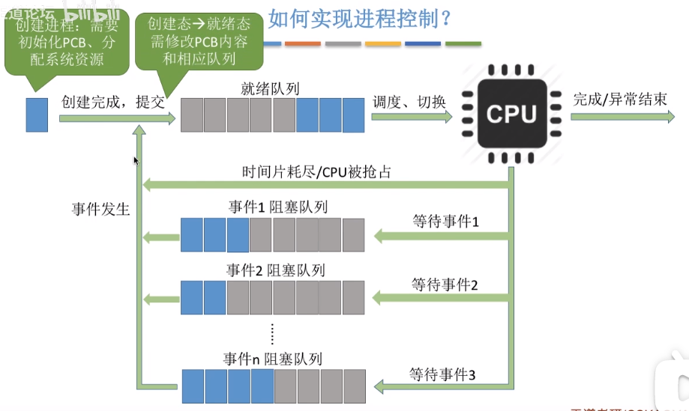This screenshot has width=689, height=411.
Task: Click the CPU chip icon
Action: pyautogui.click(x=511, y=114)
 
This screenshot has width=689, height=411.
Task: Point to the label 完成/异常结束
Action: pyautogui.click(x=619, y=100)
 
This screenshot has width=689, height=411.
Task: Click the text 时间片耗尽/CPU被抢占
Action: pyautogui.click(x=316, y=171)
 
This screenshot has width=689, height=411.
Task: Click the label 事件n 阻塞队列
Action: pyautogui.click(x=273, y=359)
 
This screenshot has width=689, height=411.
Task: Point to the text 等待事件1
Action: pyautogui.click(x=445, y=222)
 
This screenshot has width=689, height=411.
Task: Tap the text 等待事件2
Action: pyautogui.click(x=445, y=284)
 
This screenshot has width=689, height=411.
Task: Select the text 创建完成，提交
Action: pyautogui.click(x=112, y=102)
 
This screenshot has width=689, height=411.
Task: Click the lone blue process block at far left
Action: pyautogui.click(x=37, y=115)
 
